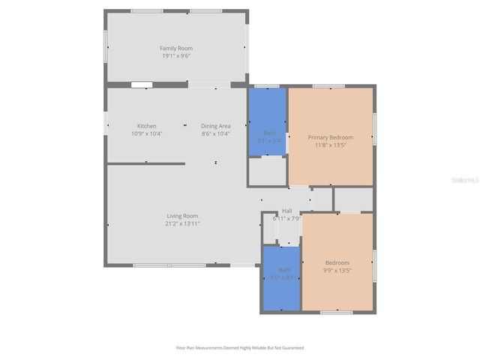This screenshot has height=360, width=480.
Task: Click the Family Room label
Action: pyautogui.click(x=176, y=48)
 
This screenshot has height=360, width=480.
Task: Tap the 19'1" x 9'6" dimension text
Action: pyautogui.click(x=176, y=56)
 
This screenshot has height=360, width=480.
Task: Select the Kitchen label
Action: pyautogui.click(x=146, y=125)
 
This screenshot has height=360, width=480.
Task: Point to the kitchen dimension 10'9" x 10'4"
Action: pyautogui.click(x=146, y=133)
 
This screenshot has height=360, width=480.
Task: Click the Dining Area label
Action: pyautogui.click(x=215, y=125)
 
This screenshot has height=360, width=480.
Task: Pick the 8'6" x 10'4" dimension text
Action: pyautogui.click(x=215, y=133)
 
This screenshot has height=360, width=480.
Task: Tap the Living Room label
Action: pyautogui.click(x=182, y=215)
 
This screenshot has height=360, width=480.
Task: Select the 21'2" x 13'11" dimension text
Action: pyautogui.click(x=182, y=223)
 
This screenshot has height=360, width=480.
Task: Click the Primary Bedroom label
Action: pyautogui.click(x=330, y=137)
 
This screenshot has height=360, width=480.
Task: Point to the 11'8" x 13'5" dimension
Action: pyautogui.click(x=330, y=145)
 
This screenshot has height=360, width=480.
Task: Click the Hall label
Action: pyautogui.click(x=286, y=211)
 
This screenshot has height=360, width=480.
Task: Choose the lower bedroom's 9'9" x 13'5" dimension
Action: pyautogui.click(x=337, y=271)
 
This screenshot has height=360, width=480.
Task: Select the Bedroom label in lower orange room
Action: pyautogui.click(x=337, y=262)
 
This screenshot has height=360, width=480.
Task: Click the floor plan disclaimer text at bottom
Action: pyautogui.click(x=240, y=348)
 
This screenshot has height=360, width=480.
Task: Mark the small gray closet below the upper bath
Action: pyautogui.click(x=267, y=172)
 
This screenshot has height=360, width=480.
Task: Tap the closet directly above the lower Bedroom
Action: pyautogui.click(x=353, y=199)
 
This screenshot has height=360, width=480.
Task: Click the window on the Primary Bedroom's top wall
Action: pyautogui.click(x=328, y=86)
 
